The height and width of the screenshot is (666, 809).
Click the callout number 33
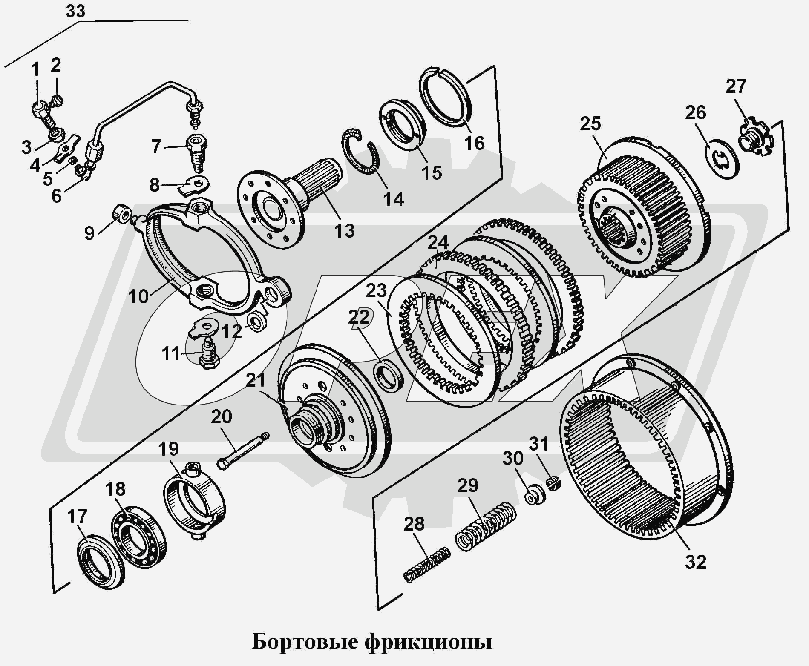75,11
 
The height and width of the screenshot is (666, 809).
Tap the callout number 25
590,124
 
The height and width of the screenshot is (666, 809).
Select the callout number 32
696,562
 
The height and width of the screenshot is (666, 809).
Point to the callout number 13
344,231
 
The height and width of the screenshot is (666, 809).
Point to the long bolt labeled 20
243,451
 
